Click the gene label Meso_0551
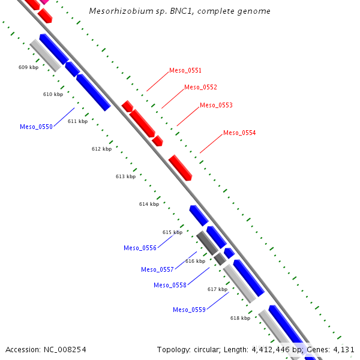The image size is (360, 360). tap(185, 71)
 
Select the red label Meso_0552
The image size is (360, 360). tap(200, 88)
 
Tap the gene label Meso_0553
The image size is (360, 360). tap(216, 106)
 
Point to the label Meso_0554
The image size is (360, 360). tap(239, 133)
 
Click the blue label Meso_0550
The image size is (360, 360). tap(36, 127)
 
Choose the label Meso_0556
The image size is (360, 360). tap(140, 248)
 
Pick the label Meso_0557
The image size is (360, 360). tap(157, 270)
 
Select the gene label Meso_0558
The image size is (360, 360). tap(170, 286)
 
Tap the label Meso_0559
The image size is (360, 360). tap(189, 310)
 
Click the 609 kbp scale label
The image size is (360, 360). tap(28, 68)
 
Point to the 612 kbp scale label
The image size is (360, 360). tap(101, 149)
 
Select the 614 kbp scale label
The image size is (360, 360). tap(149, 205)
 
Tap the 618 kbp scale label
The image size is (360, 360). tap(240, 319)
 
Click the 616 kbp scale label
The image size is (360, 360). tap(195, 262)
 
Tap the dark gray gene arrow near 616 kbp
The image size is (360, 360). tap(208, 241)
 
